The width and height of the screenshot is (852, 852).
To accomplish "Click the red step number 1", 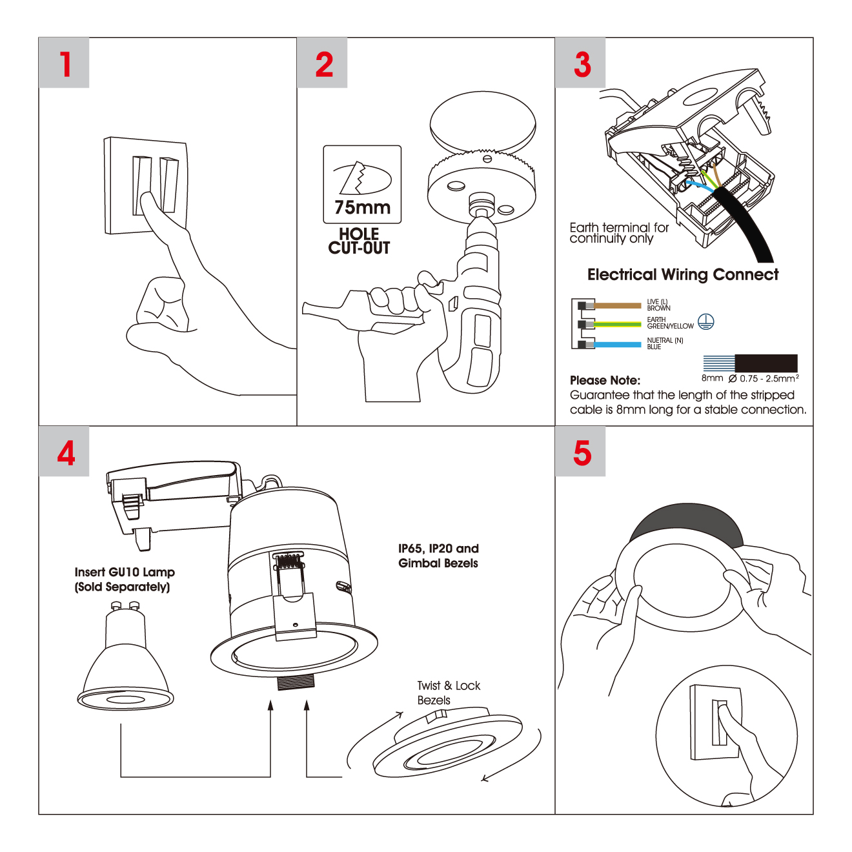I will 65,64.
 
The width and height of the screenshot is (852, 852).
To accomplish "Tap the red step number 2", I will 324,64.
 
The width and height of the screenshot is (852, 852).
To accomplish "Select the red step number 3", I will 582,64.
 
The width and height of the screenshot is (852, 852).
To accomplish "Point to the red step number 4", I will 66,452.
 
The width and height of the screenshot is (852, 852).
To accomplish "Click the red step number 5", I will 582,452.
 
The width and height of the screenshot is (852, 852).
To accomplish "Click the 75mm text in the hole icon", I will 362,208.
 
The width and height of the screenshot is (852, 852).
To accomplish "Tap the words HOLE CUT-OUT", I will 359,241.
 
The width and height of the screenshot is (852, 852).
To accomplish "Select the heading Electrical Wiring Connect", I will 682,275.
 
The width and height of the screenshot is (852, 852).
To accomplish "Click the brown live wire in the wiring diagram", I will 617,305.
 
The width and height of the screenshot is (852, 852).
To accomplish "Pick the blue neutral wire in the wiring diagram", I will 617,345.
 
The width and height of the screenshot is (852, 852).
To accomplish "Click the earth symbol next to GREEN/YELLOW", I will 706,321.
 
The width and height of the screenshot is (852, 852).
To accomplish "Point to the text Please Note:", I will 605,380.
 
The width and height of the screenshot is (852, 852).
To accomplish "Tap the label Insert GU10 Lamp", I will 125,573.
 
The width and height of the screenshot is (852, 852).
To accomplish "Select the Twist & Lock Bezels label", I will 448,693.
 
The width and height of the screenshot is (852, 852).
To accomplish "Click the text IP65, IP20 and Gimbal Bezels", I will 438,556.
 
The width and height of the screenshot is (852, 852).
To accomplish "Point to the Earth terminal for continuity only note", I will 618,233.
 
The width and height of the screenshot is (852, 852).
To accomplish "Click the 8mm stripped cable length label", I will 712,378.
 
